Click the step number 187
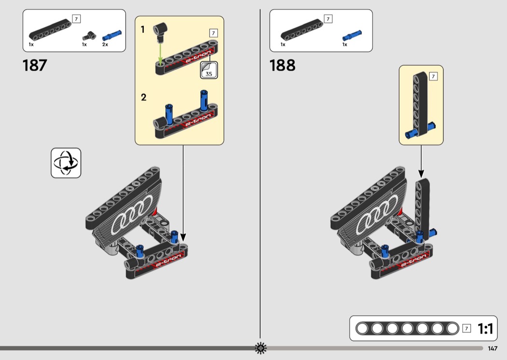[35, 65]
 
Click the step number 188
[282, 65]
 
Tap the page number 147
[493, 348]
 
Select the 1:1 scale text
[485, 329]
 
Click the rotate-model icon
[66, 163]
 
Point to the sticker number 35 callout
[209, 70]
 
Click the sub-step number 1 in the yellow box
[142, 30]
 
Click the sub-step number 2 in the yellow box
[143, 97]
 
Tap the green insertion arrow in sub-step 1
[160, 53]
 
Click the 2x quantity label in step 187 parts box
[105, 44]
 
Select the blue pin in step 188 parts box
[352, 36]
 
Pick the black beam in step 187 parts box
[50, 30]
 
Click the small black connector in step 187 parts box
[89, 36]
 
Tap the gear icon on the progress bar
[261, 348]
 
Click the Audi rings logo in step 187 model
[132, 214]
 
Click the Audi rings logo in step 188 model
[377, 214]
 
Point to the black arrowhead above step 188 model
[421, 174]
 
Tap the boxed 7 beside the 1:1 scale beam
[466, 328]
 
